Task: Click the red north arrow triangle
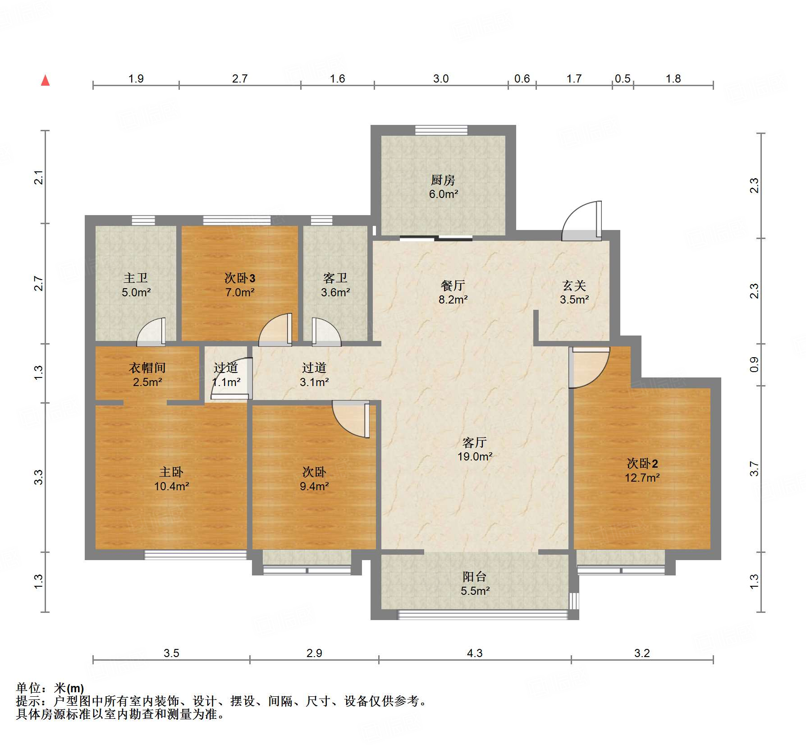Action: [x=45, y=80]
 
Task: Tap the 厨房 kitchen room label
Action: [x=443, y=180]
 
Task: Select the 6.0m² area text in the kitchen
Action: [x=444, y=194]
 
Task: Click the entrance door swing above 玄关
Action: [x=582, y=221]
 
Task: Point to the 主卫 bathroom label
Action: [x=136, y=278]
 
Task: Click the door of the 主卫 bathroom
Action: [x=151, y=332]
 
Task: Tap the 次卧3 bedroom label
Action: [x=240, y=278]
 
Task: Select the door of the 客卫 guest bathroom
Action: [x=326, y=332]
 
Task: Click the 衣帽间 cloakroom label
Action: [x=147, y=368]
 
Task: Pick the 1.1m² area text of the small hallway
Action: [x=226, y=382]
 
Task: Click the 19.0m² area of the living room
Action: [x=475, y=456]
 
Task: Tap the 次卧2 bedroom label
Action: [x=642, y=464]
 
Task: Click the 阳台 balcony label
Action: [x=475, y=577]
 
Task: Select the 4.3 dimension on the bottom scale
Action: [x=475, y=653]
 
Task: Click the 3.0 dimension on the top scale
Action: [x=441, y=78]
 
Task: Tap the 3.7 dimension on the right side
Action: [x=754, y=469]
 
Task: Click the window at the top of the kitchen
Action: [x=441, y=130]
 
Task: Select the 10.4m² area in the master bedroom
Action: [x=172, y=486]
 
